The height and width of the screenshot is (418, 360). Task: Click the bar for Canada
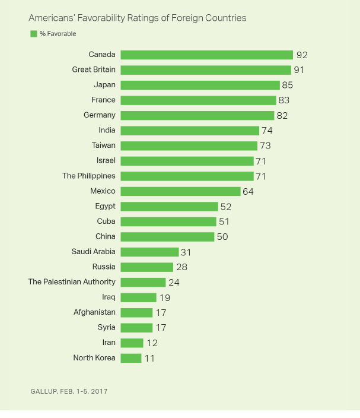(x=206, y=55)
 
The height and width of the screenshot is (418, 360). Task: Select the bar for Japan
(x=200, y=85)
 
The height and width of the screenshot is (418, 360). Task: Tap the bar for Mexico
(x=180, y=191)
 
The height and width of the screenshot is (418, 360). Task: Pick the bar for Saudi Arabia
(x=149, y=252)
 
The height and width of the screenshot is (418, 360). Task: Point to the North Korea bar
(x=131, y=358)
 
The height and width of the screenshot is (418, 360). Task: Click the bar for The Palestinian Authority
(x=143, y=282)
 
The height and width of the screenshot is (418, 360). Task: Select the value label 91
(x=300, y=70)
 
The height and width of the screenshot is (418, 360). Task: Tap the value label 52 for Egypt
(x=225, y=207)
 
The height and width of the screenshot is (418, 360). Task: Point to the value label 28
(x=181, y=267)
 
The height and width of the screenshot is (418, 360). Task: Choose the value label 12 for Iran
(x=151, y=343)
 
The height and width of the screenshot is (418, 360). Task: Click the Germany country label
(x=101, y=115)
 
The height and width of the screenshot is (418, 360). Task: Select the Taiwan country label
(x=103, y=145)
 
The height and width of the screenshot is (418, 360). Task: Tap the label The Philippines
(x=89, y=176)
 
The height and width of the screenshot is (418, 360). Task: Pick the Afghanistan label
(x=94, y=312)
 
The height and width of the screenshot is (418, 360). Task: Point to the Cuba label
(x=106, y=221)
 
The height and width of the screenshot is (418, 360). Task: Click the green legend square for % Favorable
(x=34, y=34)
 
